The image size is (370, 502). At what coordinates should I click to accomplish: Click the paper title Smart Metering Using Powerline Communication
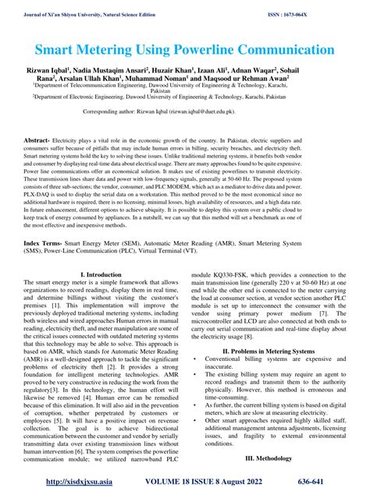185,50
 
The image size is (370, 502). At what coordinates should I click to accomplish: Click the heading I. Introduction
102,275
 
